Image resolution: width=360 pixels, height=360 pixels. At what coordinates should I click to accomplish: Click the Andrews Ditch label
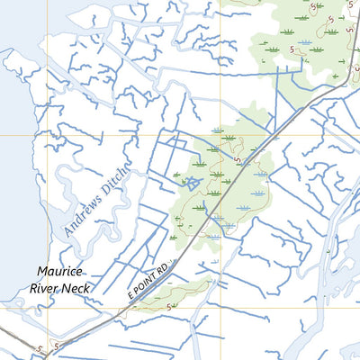click(x=96, y=202)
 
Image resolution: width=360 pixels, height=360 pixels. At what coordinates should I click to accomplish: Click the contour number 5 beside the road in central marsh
click(x=237, y=160)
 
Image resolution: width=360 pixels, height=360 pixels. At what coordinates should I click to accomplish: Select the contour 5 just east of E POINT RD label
click(x=170, y=306)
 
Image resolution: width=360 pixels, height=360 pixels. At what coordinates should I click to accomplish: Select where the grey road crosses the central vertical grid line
click(x=219, y=210)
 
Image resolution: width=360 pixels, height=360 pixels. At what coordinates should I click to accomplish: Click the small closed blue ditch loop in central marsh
click(x=191, y=183)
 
